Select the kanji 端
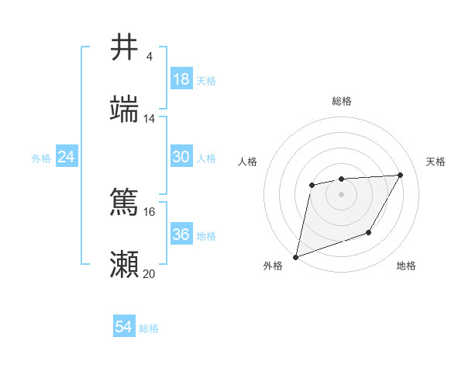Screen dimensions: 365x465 click(125, 109)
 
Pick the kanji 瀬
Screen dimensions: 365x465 click(125, 265)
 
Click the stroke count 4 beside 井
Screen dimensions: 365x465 click(149, 57)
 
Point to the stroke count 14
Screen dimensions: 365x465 click(150, 119)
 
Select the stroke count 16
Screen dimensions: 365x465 click(150, 211)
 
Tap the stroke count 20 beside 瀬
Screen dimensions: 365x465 click(150, 273)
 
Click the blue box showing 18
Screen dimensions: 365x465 click(181, 79)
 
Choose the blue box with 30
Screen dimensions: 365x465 click(181, 157)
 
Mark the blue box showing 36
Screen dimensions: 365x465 click(181, 235)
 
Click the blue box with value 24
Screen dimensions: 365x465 click(67, 157)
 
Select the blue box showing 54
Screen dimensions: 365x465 click(124, 327)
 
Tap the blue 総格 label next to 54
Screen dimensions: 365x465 click(149, 328)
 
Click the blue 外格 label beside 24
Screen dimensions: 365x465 click(41, 158)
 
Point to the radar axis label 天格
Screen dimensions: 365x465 click(436, 162)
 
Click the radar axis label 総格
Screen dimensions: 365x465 click(342, 101)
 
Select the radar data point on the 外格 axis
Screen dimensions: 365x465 click(296, 257)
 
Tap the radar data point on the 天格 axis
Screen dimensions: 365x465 click(401, 175)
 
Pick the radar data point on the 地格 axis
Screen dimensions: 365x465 click(369, 232)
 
